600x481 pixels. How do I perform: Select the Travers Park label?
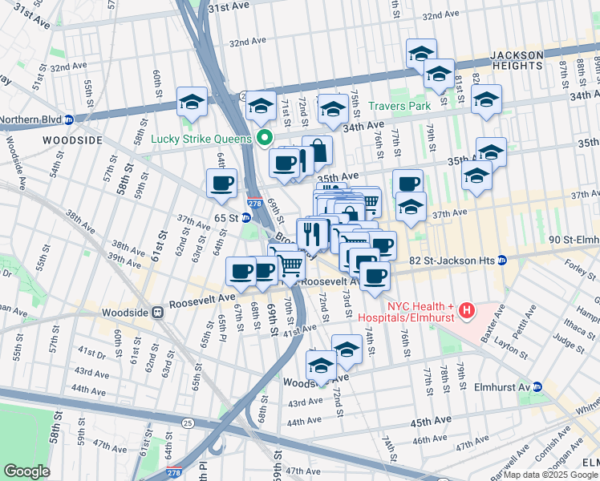[399, 106]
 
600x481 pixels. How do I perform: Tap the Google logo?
[26, 471]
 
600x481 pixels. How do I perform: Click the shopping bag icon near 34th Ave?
[318, 151]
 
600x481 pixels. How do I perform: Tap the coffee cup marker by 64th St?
[222, 184]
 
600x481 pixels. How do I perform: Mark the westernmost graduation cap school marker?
[191, 102]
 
